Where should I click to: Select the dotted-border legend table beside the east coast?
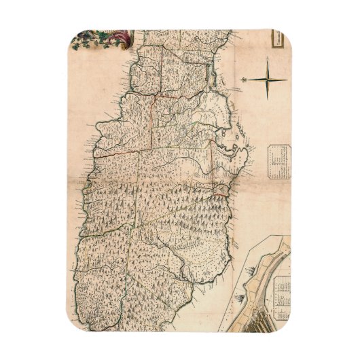coord(278,161)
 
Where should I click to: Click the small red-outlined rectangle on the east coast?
coord(220,187)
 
